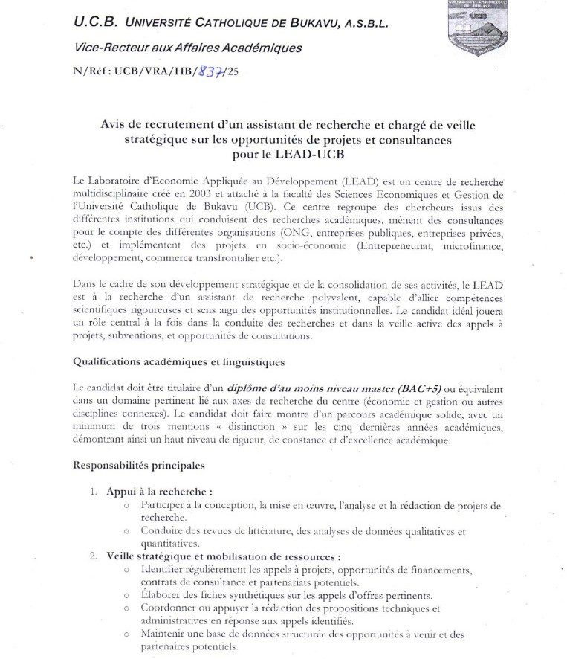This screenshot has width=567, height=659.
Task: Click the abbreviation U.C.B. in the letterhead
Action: click(91, 23)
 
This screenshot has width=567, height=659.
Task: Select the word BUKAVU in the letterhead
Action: click(301, 25)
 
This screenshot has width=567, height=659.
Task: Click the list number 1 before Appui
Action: click(94, 492)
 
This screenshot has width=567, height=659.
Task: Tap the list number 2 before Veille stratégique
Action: click(94, 556)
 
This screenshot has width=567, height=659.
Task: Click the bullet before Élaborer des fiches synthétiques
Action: click(128, 595)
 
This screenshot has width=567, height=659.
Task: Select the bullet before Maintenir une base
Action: click(128, 634)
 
